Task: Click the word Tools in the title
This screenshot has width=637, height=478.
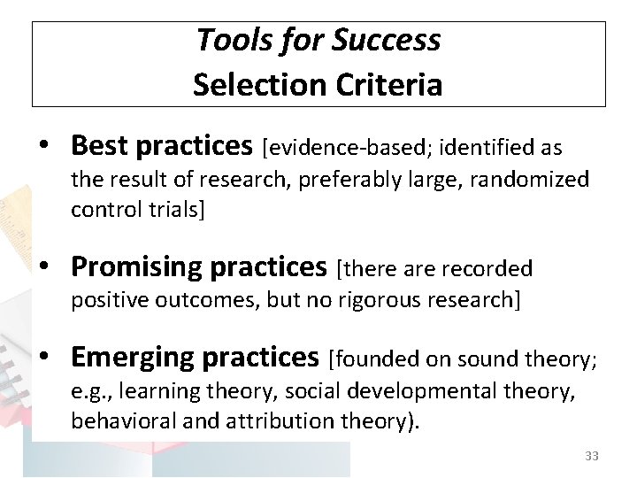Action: [x=226, y=40]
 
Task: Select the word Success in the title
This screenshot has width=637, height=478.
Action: [x=386, y=40]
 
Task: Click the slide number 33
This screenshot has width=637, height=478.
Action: [x=592, y=456]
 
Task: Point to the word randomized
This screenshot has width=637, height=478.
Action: [x=529, y=180]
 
